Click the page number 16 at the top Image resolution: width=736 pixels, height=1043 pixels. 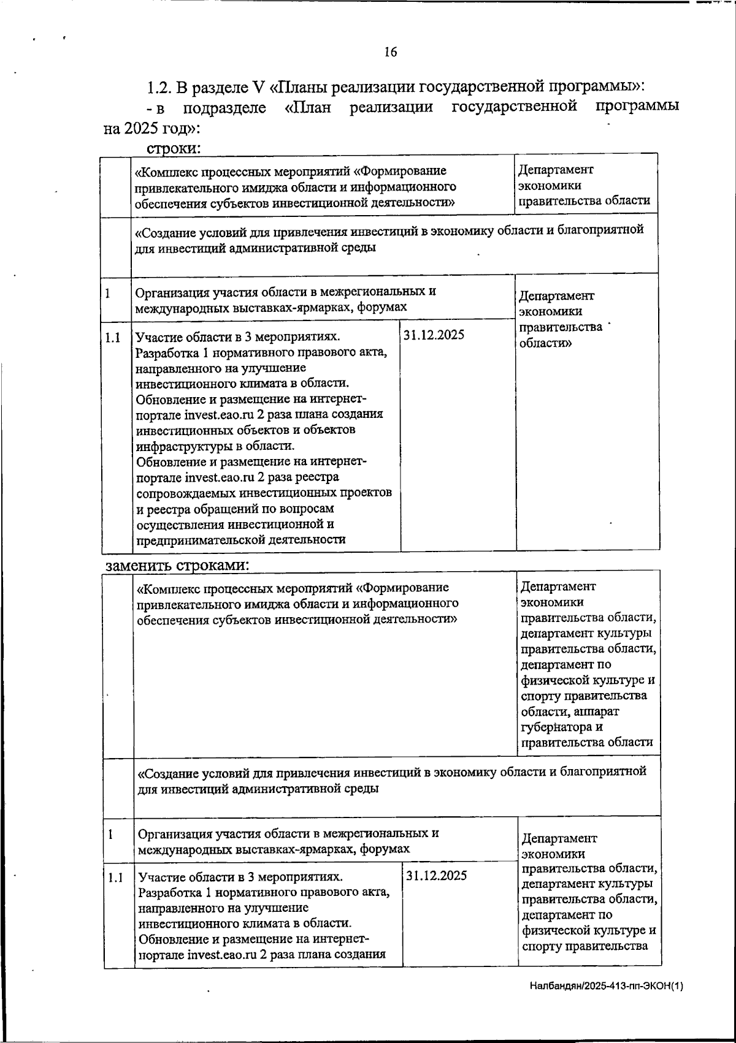(391, 52)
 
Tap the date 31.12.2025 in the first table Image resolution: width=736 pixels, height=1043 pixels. (434, 335)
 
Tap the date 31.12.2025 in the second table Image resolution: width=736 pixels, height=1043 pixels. (436, 875)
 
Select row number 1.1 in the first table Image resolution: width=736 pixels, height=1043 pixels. (112, 337)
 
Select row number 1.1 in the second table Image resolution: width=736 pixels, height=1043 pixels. (115, 878)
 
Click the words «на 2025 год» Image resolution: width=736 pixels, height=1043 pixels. (150, 129)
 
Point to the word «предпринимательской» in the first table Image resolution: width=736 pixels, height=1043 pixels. (194, 540)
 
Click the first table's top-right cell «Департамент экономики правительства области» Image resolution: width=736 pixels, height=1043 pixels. (584, 185)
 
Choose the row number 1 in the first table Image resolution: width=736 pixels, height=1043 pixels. (108, 293)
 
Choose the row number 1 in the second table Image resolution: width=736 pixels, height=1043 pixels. (110, 834)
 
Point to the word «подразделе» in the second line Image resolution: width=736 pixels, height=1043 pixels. (224, 108)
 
